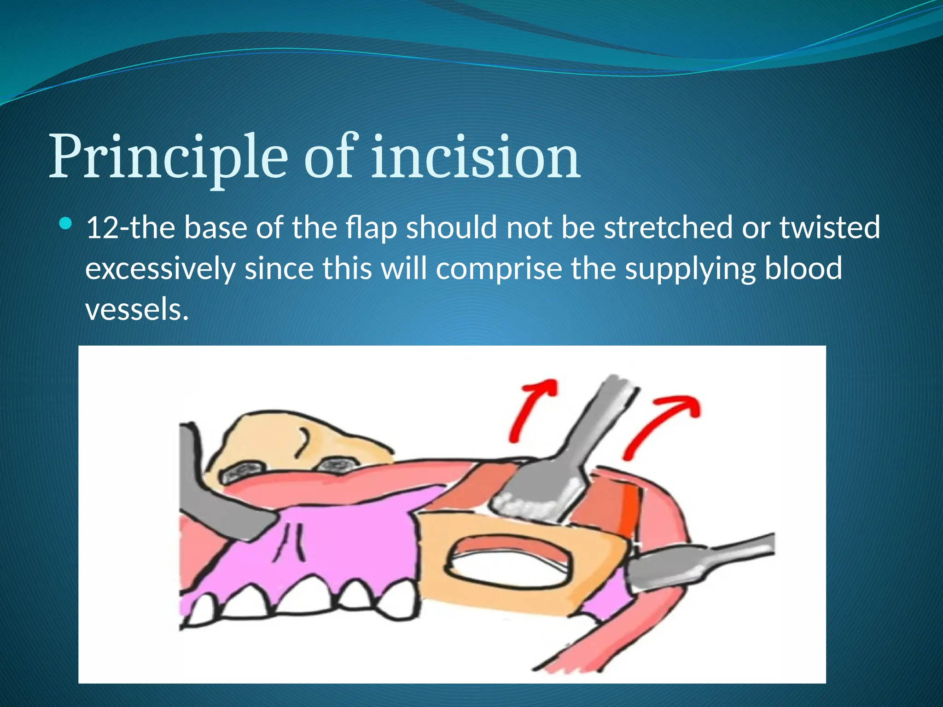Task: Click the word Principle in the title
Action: (168, 157)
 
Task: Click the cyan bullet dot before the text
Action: (66, 224)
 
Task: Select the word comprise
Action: (499, 269)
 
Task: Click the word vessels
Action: (137, 309)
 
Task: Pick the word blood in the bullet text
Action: (803, 269)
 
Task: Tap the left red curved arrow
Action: (530, 407)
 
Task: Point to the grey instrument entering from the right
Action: (700, 562)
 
